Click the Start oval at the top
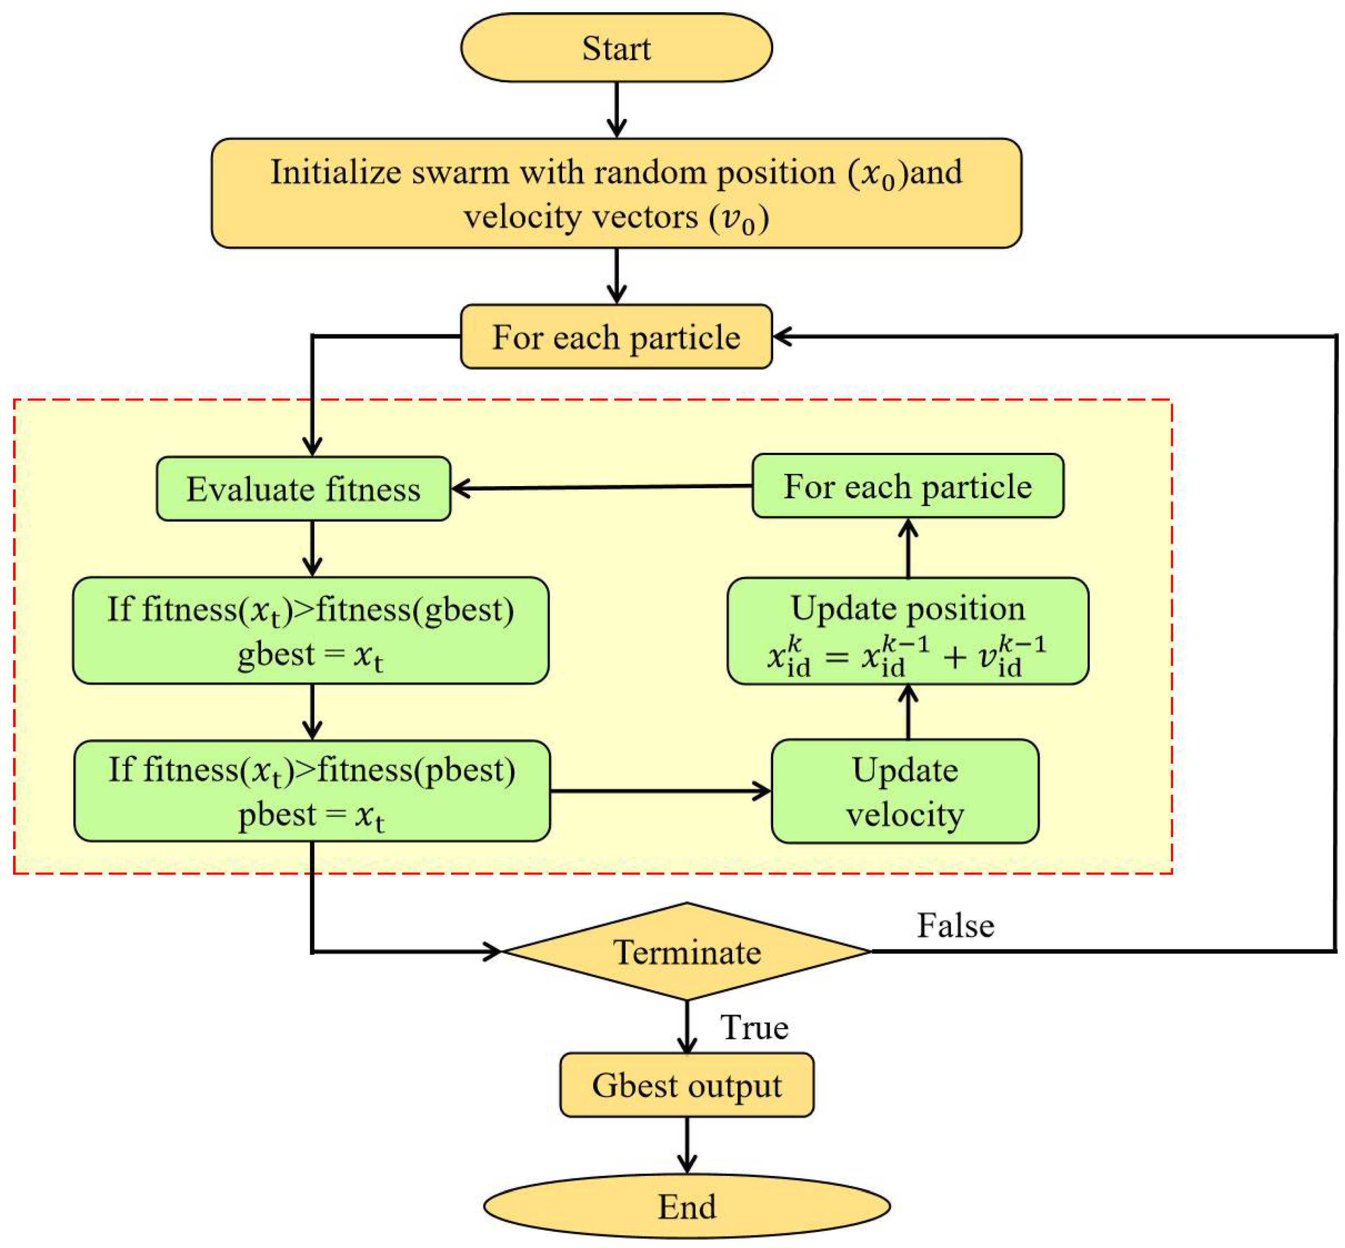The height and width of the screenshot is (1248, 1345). [x=616, y=48]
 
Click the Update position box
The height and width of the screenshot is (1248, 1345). [x=907, y=631]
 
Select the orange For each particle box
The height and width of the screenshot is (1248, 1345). [x=616, y=336]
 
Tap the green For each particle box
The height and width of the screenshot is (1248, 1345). [x=907, y=486]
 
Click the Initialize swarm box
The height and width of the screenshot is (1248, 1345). [x=616, y=193]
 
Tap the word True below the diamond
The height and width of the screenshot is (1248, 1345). [x=754, y=1027]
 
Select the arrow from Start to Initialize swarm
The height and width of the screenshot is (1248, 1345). [x=616, y=109]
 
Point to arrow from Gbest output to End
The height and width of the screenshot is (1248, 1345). [x=687, y=1145]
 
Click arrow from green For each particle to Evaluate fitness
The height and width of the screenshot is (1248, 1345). [x=601, y=487]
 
